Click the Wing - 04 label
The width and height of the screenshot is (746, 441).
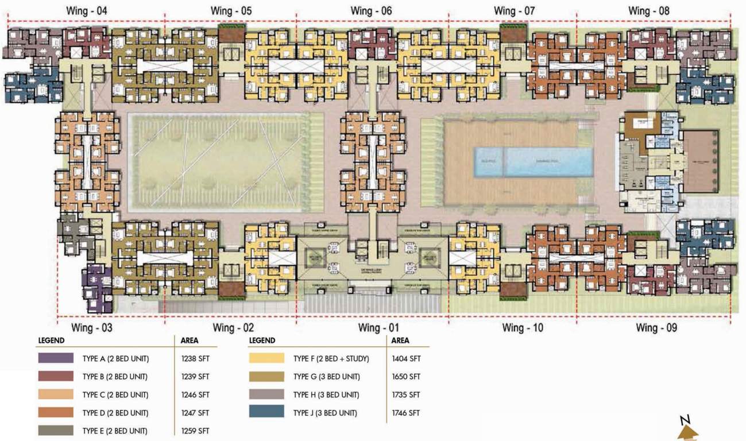coord(86,11)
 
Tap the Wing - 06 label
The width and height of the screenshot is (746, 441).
coord(371,11)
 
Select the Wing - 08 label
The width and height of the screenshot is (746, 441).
coord(648,11)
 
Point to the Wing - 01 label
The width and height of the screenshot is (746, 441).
coord(378,328)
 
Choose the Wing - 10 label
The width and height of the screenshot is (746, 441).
coord(522,328)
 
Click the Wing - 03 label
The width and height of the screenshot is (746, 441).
coord(91,328)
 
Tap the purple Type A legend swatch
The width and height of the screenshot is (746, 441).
coord(56,358)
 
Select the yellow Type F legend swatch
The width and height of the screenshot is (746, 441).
coord(266,358)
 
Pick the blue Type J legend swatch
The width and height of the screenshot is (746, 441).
coord(266,412)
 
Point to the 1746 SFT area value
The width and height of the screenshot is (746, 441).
coord(406,413)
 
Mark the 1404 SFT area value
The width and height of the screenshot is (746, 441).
coord(406,359)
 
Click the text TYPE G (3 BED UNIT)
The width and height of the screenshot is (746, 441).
coord(326,377)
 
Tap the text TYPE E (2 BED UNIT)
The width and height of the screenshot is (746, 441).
coord(115,431)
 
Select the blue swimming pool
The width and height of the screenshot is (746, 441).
coord(534,162)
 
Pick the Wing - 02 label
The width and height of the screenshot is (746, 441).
coord(233,328)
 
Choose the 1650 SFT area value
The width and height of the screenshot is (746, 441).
coord(406,377)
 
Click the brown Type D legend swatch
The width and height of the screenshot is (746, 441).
coord(56,412)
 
